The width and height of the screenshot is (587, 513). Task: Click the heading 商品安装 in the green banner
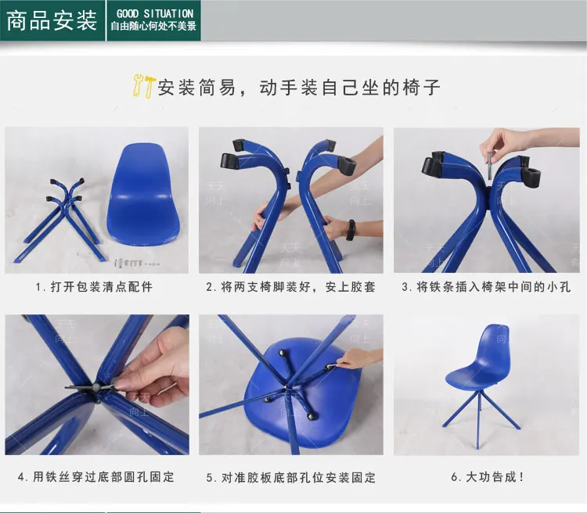point(52,20)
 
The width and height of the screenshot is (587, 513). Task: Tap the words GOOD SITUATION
point(155,14)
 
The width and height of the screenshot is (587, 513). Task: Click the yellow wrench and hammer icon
point(143,86)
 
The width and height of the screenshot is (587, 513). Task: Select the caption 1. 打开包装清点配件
point(94,287)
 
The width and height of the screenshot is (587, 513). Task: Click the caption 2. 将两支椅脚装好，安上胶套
point(290,287)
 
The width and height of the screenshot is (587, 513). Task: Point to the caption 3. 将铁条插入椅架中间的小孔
point(486,287)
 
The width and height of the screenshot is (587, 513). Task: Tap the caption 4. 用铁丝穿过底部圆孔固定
point(95,477)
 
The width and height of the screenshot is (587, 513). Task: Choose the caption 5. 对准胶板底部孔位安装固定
point(291,478)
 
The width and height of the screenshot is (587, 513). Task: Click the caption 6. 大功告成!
point(488,477)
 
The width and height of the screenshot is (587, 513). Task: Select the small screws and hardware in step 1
point(136,262)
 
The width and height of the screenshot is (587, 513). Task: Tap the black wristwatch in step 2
point(351,230)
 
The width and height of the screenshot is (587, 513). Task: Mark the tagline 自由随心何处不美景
point(153,26)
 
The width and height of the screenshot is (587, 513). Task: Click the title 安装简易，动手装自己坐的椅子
point(299,87)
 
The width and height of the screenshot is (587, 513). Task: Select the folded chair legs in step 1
point(60,221)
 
